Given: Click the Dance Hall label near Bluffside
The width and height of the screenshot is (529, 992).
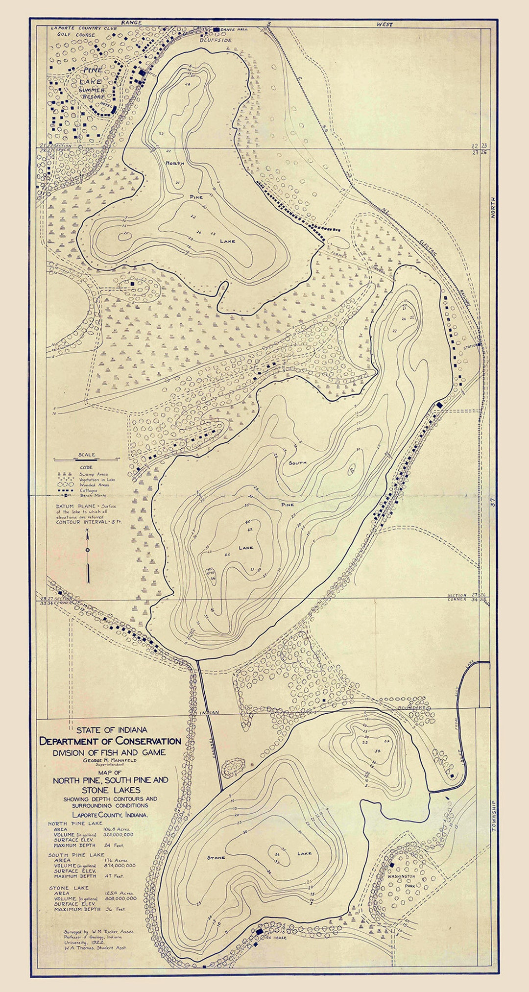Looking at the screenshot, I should click(234, 29).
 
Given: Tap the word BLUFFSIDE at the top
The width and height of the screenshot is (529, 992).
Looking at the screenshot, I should click(216, 40).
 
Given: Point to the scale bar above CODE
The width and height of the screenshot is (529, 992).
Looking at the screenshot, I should click(87, 460).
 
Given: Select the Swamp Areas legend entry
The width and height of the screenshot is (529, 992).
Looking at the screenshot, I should click(94, 474).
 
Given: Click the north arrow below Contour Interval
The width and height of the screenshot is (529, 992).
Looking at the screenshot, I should click(88, 556).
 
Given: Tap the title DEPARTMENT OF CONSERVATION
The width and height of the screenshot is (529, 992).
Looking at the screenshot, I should click(110, 741).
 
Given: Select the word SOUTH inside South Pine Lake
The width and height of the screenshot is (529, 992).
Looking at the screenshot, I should click(297, 462).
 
